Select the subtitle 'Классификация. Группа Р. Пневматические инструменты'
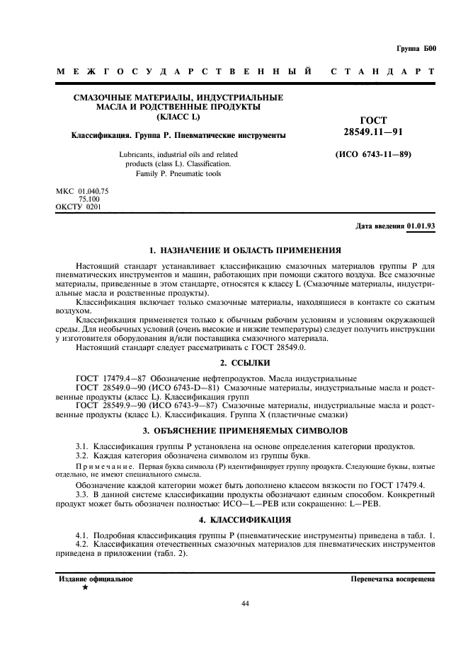pos(178,134)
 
